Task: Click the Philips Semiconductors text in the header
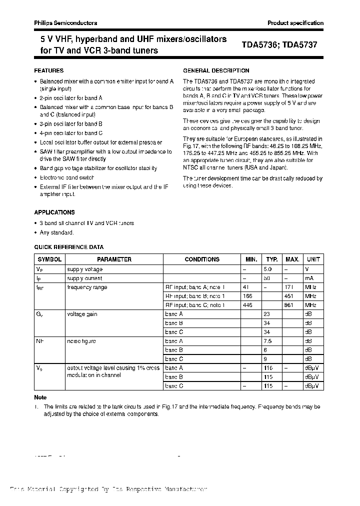tap(65, 23)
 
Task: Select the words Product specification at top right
tap(295, 23)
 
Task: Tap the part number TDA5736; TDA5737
tap(279, 44)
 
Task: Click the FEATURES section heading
tap(49, 71)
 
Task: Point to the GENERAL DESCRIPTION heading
tap(216, 71)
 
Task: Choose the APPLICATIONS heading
tap(54, 212)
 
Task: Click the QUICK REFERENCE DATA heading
tap(69, 247)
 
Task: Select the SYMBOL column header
tap(49, 259)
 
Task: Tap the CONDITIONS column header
tap(202, 259)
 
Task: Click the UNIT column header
tap(313, 259)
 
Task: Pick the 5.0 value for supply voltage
tap(272, 269)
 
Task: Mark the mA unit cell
tap(309, 278)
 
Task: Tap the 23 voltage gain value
tap(267, 314)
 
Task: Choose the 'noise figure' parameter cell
tap(81, 341)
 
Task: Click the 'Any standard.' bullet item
tap(57, 232)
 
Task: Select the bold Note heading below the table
tap(40, 397)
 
